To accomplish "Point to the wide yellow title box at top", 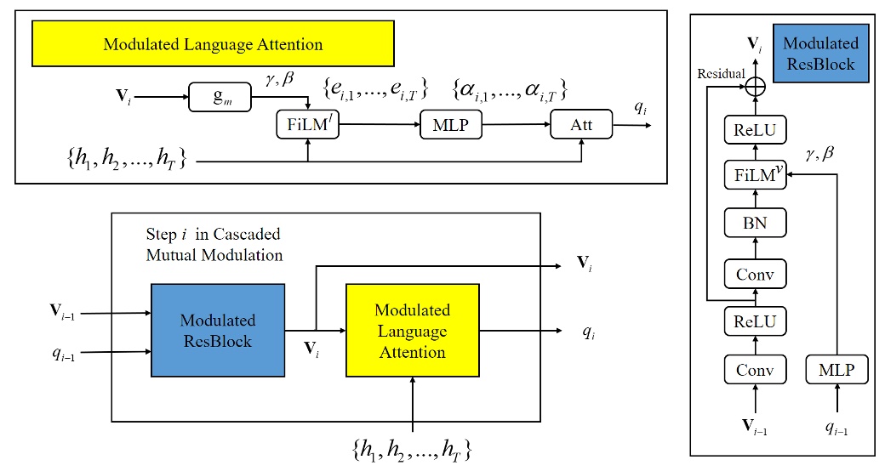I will click(213, 44).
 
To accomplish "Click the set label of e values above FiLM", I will click(374, 88).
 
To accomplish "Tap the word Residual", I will click(721, 74).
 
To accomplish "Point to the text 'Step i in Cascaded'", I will click(214, 234).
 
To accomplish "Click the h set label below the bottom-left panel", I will click(412, 448).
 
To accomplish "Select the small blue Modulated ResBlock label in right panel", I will click(820, 53).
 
